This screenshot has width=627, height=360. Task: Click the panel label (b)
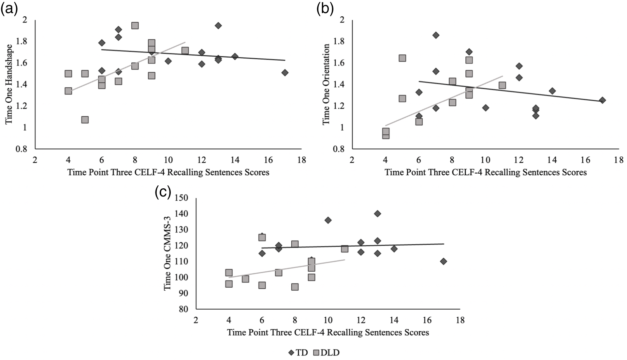pos(325,9)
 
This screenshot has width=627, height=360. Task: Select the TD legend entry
pos(298,353)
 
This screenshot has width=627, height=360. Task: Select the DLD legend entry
pos(327,353)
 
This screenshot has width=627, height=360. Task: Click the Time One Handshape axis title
pos(9,84)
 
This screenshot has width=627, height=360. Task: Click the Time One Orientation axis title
pos(326,84)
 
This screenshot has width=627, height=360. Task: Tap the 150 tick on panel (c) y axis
pos(182,198)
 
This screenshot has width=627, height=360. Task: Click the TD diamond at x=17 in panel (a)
pos(285,73)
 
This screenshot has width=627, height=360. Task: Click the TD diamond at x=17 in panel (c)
pos(443,261)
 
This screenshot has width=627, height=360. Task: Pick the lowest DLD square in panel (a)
pos(85,120)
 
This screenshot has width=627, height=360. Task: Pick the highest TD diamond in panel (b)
pos(436,35)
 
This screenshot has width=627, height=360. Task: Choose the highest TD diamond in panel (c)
pos(377,214)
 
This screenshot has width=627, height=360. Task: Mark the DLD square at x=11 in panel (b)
pos(502,85)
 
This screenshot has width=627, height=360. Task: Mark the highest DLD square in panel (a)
pos(135,26)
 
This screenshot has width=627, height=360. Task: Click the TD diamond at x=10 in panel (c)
pos(328,220)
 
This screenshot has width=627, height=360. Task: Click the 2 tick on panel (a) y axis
pos(24,20)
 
